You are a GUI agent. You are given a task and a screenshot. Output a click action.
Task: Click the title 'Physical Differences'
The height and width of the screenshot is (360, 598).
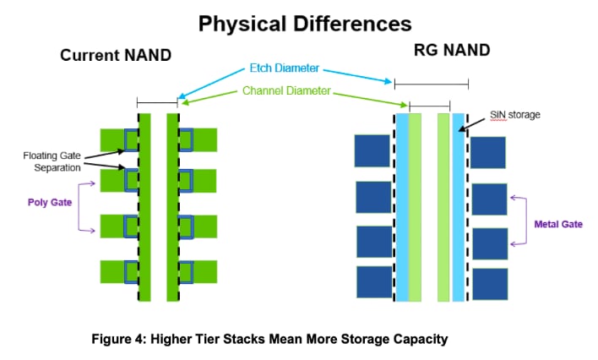pyautogui.click(x=304, y=22)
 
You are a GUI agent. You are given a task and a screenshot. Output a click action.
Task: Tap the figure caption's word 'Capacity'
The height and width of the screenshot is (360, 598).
pyautogui.click(x=416, y=339)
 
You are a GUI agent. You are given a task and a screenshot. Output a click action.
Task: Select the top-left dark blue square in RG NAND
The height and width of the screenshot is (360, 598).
pyautogui.click(x=372, y=151)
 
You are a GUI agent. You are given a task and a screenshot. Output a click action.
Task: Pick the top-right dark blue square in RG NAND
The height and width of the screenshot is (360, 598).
pyautogui.click(x=488, y=153)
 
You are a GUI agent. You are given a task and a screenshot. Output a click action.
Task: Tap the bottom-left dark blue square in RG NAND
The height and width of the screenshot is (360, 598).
pyautogui.click(x=373, y=282)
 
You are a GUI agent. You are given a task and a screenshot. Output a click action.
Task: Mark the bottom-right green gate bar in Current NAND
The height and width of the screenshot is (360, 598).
pyautogui.click(x=203, y=272)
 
